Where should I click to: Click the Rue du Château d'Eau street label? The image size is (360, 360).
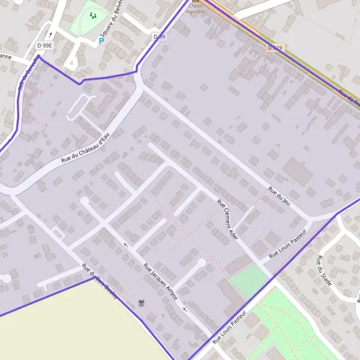click(x=86, y=148)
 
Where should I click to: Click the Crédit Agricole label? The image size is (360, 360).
click(x=196, y=8)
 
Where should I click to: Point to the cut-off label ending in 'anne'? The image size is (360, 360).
click(x=5, y=57)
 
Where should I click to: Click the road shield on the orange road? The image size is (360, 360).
click(x=275, y=47)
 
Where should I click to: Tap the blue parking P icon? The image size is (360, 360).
click(x=101, y=41)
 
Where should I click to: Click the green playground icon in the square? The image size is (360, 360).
click(x=92, y=15)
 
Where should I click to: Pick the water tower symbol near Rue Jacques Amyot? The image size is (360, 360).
click(x=142, y=302)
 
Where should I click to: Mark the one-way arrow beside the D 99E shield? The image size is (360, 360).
click(x=51, y=35)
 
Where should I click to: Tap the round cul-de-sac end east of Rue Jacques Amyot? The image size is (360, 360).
click(x=202, y=262)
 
